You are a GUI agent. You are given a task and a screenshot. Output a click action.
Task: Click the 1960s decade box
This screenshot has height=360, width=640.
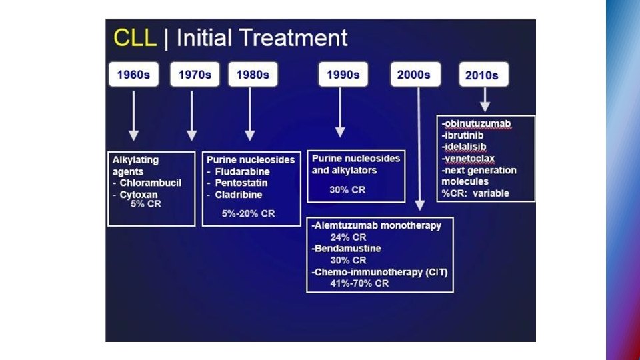(134, 75)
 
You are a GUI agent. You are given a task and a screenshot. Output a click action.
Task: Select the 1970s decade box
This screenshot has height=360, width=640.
(195, 75)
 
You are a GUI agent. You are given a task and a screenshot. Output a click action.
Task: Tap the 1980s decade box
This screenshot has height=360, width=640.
(253, 75)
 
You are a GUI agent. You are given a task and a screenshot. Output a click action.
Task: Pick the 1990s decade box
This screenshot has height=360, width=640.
(343, 75)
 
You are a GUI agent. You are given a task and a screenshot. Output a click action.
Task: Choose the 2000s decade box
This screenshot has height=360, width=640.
(415, 75)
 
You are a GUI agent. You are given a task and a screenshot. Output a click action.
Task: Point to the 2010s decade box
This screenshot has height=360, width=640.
(483, 75)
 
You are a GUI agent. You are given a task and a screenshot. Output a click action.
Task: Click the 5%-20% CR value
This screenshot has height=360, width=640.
(248, 213)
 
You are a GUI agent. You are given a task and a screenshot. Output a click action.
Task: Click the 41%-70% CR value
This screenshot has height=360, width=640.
(360, 283)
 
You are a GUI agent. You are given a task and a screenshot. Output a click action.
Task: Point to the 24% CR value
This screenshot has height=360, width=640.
(348, 237)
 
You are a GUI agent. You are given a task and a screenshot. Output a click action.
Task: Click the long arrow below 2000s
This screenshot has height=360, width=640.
(419, 147)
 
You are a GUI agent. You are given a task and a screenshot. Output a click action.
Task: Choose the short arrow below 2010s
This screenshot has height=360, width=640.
(485, 100)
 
